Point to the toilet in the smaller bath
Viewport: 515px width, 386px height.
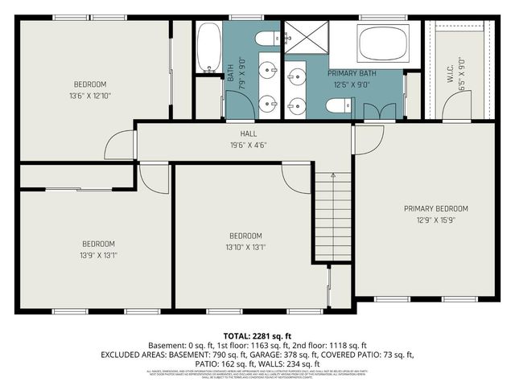tap(266, 39)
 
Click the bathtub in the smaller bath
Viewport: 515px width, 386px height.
tap(208, 46)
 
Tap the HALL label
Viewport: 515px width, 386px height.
tap(248, 134)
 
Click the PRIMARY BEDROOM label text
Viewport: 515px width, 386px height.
tap(435, 208)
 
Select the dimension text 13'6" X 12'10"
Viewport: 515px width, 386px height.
tap(90, 96)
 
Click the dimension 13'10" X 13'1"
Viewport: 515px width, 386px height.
tap(247, 247)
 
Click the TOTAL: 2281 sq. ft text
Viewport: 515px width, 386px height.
tap(257, 335)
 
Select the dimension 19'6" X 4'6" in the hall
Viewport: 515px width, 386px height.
tap(248, 146)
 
